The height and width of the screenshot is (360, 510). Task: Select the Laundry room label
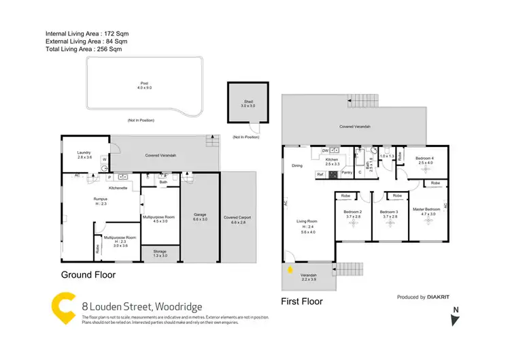[84, 152]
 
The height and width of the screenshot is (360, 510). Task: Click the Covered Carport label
[237, 218]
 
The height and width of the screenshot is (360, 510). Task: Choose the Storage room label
[160, 251]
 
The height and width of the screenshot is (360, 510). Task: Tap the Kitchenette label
[118, 187]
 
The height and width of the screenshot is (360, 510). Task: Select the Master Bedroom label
[428, 210]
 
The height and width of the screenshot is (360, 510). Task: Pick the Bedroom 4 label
[425, 159]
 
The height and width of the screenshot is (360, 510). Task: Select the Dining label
[297, 165]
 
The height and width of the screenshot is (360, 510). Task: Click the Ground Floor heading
[88, 275]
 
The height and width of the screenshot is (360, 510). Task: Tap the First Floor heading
[302, 301]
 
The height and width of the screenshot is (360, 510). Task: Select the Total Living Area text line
[84, 50]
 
